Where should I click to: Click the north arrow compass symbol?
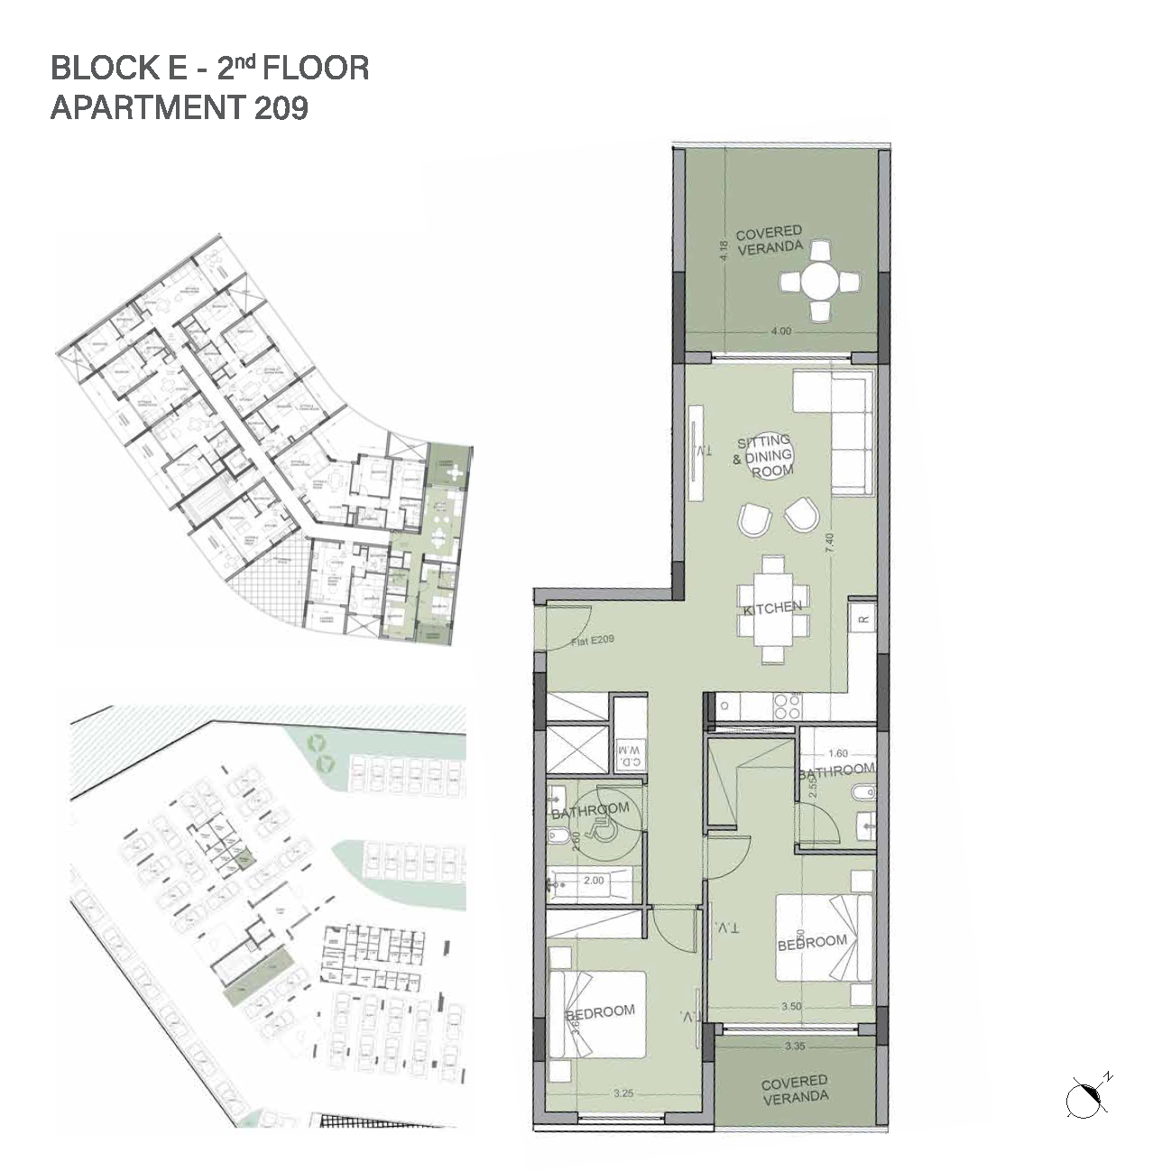(1085, 1098)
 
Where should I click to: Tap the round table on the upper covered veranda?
(819, 281)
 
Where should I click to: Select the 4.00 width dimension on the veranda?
(780, 331)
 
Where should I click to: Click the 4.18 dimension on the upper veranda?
(722, 250)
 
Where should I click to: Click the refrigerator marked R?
(862, 618)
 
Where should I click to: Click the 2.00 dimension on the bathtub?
(593, 881)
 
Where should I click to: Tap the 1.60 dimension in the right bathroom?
(838, 753)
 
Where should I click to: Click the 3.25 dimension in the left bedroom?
(623, 1093)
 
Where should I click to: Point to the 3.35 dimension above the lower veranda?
(795, 1047)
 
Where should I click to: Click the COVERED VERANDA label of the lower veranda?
(794, 1089)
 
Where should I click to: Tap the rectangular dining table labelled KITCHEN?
(772, 609)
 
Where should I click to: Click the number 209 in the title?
(281, 108)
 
